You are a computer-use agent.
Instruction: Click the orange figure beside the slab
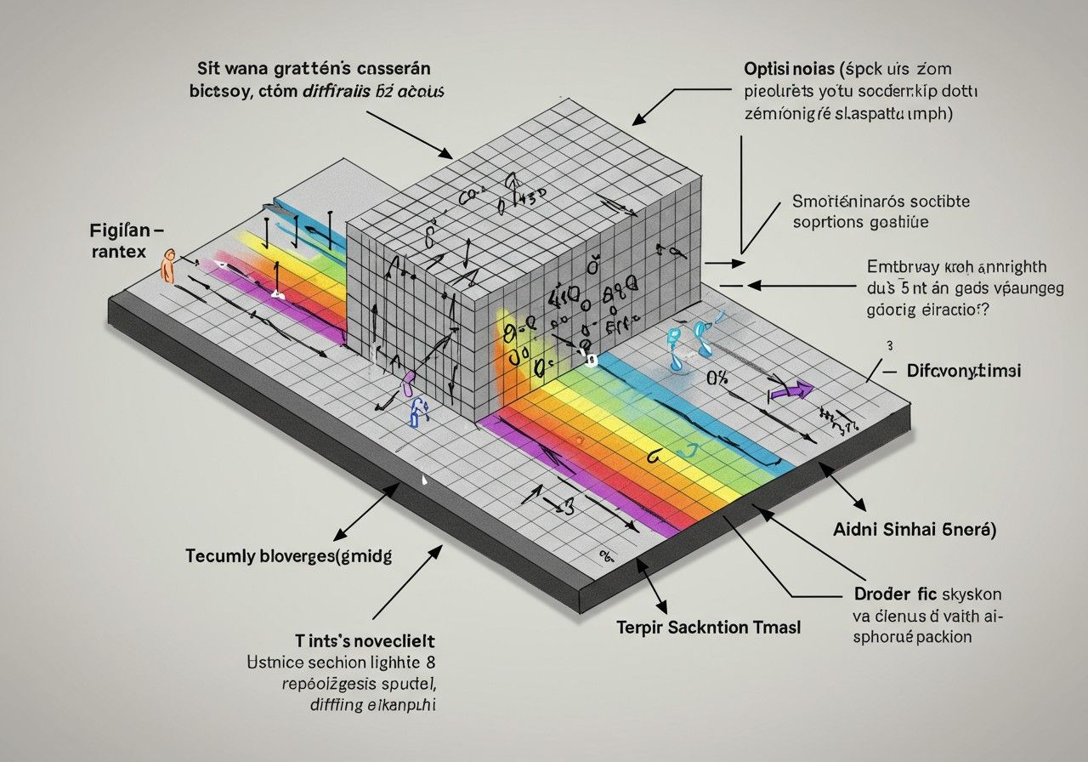click(x=167, y=266)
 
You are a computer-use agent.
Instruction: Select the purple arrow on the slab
click(x=790, y=391)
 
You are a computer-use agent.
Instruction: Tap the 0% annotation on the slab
click(x=717, y=378)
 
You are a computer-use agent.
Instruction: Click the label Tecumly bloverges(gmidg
click(x=288, y=556)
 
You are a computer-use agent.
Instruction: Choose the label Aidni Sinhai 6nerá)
click(x=914, y=529)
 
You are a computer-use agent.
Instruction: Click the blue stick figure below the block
click(x=417, y=412)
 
